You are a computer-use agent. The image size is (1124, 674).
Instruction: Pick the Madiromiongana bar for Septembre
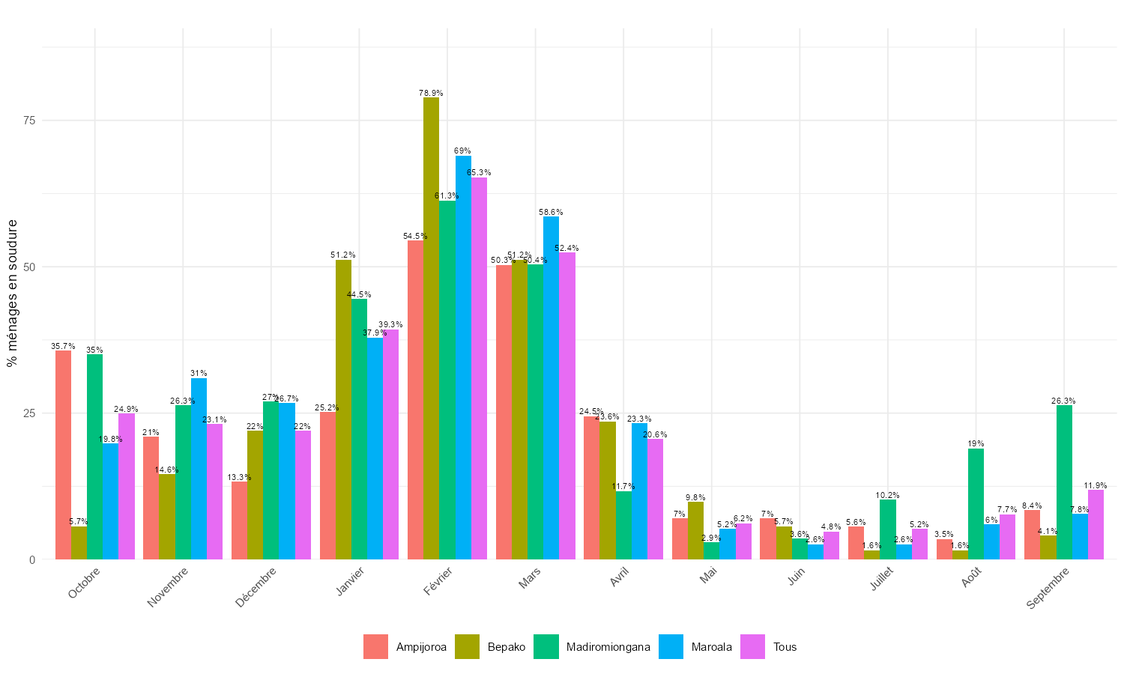point(1064,482)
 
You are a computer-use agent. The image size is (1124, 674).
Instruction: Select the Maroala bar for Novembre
point(199,469)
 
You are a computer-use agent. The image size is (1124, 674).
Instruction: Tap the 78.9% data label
point(431,93)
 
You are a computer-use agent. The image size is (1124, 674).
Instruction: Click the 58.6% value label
point(551,212)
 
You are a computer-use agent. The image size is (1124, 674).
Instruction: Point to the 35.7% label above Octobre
point(63,346)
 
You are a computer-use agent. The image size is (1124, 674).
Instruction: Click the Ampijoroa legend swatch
point(375,647)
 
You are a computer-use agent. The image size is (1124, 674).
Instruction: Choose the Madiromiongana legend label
point(608,647)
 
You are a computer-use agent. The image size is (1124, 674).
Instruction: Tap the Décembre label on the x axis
point(256,587)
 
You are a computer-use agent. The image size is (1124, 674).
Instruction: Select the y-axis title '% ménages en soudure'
point(11,292)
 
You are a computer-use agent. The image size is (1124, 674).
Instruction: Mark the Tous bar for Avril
point(655,499)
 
